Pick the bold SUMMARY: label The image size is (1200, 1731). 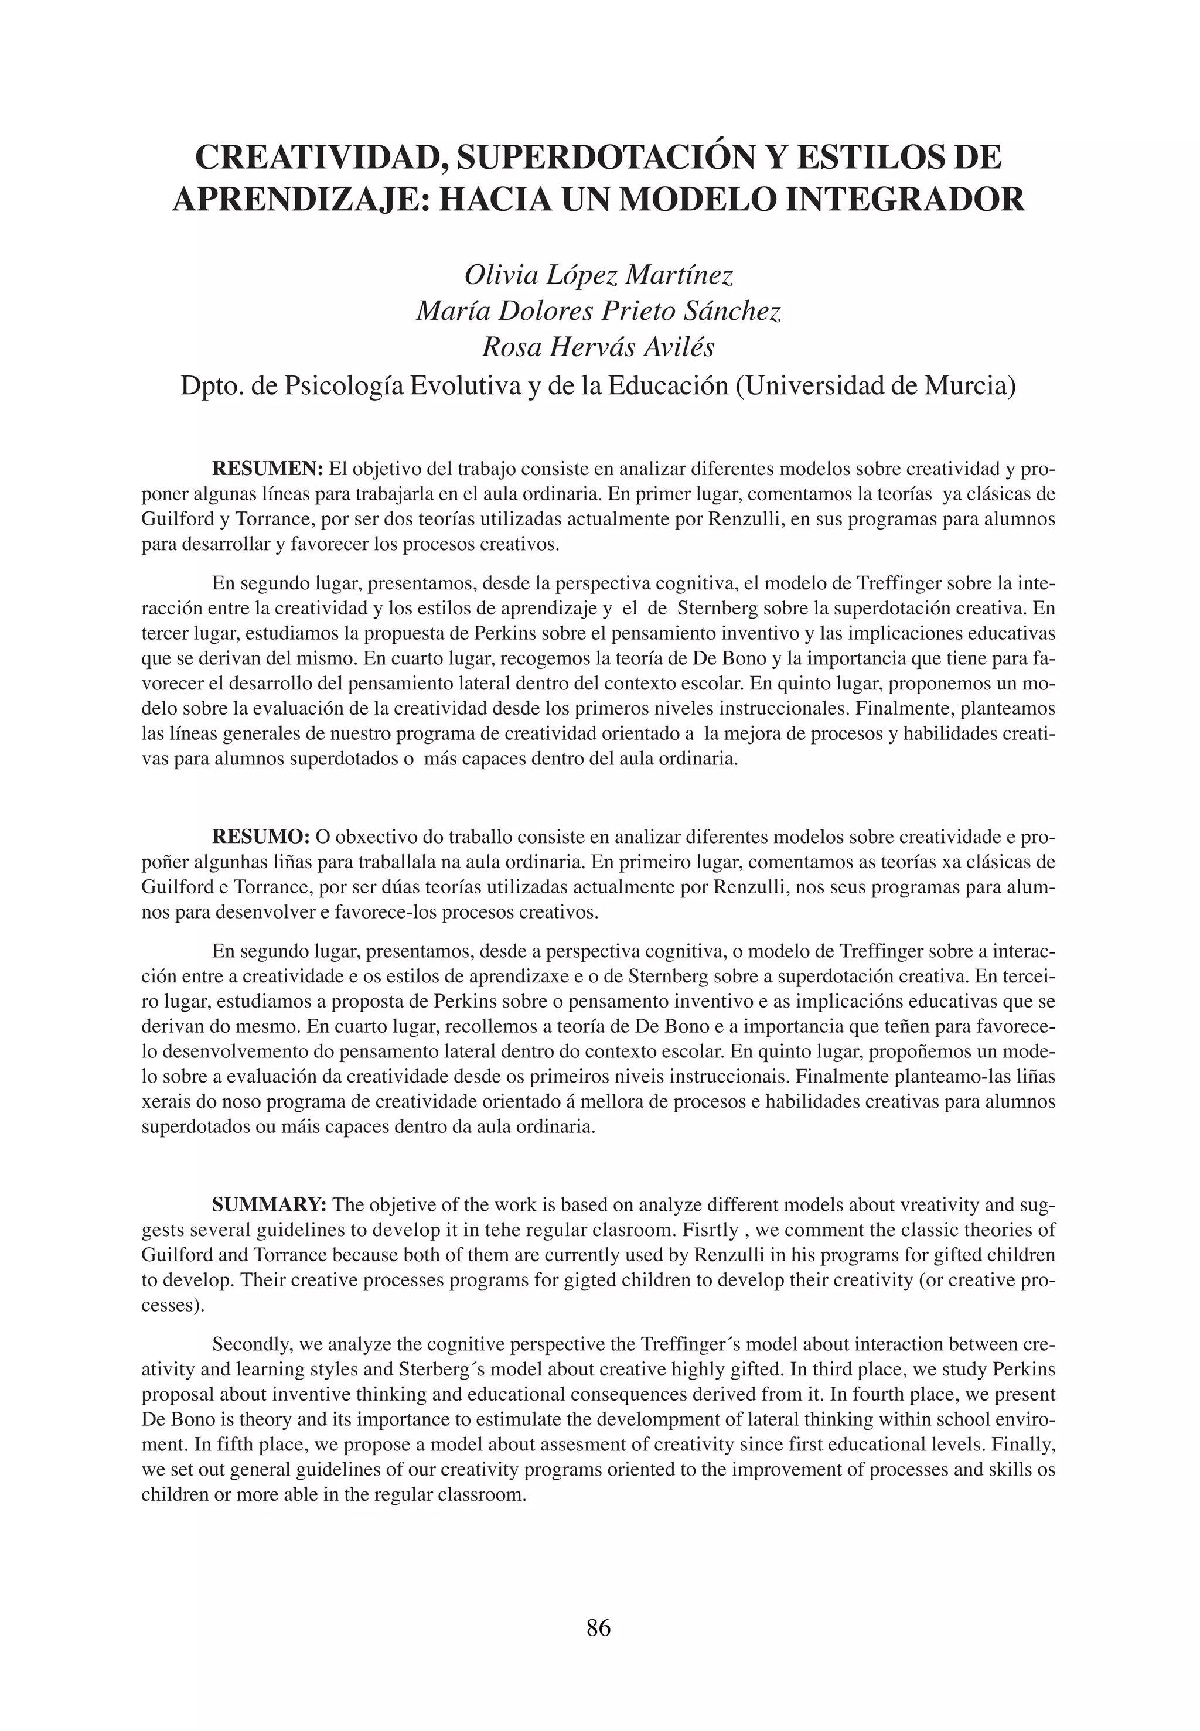tap(269, 1205)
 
